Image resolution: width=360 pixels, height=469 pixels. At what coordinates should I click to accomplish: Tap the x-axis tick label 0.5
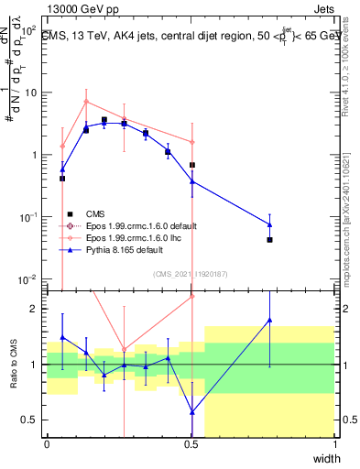191,444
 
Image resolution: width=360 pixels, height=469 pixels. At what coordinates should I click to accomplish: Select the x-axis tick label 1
335,444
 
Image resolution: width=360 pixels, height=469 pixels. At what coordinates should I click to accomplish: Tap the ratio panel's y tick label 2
36,309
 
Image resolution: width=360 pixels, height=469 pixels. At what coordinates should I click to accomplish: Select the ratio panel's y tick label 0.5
32,420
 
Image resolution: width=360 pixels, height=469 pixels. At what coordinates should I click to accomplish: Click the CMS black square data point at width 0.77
269,239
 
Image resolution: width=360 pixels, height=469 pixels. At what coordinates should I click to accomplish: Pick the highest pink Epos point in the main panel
86,102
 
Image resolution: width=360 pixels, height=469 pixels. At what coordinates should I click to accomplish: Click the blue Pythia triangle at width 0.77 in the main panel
269,224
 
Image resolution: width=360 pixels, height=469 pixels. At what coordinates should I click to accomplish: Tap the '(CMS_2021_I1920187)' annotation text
191,274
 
